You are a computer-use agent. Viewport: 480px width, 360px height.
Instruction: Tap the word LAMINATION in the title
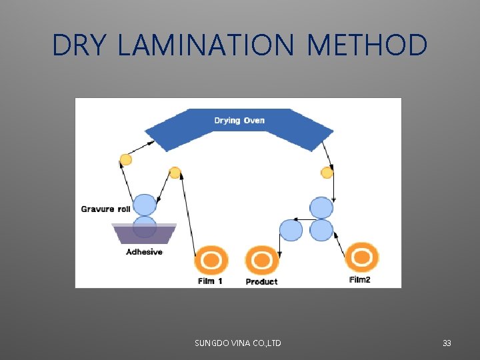205,45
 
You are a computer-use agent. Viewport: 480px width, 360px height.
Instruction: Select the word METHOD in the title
367,45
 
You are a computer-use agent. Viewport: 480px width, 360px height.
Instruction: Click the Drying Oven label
239,121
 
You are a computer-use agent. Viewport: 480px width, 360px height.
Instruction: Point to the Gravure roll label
105,209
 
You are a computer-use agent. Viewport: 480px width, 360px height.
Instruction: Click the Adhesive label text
144,252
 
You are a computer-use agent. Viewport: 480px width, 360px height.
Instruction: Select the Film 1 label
210,281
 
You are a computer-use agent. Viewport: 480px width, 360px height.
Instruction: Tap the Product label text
261,282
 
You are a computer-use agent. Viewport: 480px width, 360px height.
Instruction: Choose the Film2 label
360,280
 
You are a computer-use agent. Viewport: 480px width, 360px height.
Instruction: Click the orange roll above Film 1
211,259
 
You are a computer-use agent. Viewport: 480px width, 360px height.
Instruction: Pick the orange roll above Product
261,259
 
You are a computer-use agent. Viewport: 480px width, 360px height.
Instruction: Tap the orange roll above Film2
362,257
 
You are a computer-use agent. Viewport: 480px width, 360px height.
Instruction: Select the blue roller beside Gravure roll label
145,205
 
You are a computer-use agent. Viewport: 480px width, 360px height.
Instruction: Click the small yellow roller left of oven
125,159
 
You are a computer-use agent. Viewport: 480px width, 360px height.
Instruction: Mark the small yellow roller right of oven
327,173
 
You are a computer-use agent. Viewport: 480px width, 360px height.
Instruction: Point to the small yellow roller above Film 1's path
175,173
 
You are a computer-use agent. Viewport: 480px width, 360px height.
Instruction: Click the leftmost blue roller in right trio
291,230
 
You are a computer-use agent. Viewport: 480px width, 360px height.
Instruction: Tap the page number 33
447,343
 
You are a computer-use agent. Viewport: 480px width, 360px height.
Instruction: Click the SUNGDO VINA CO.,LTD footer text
237,343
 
